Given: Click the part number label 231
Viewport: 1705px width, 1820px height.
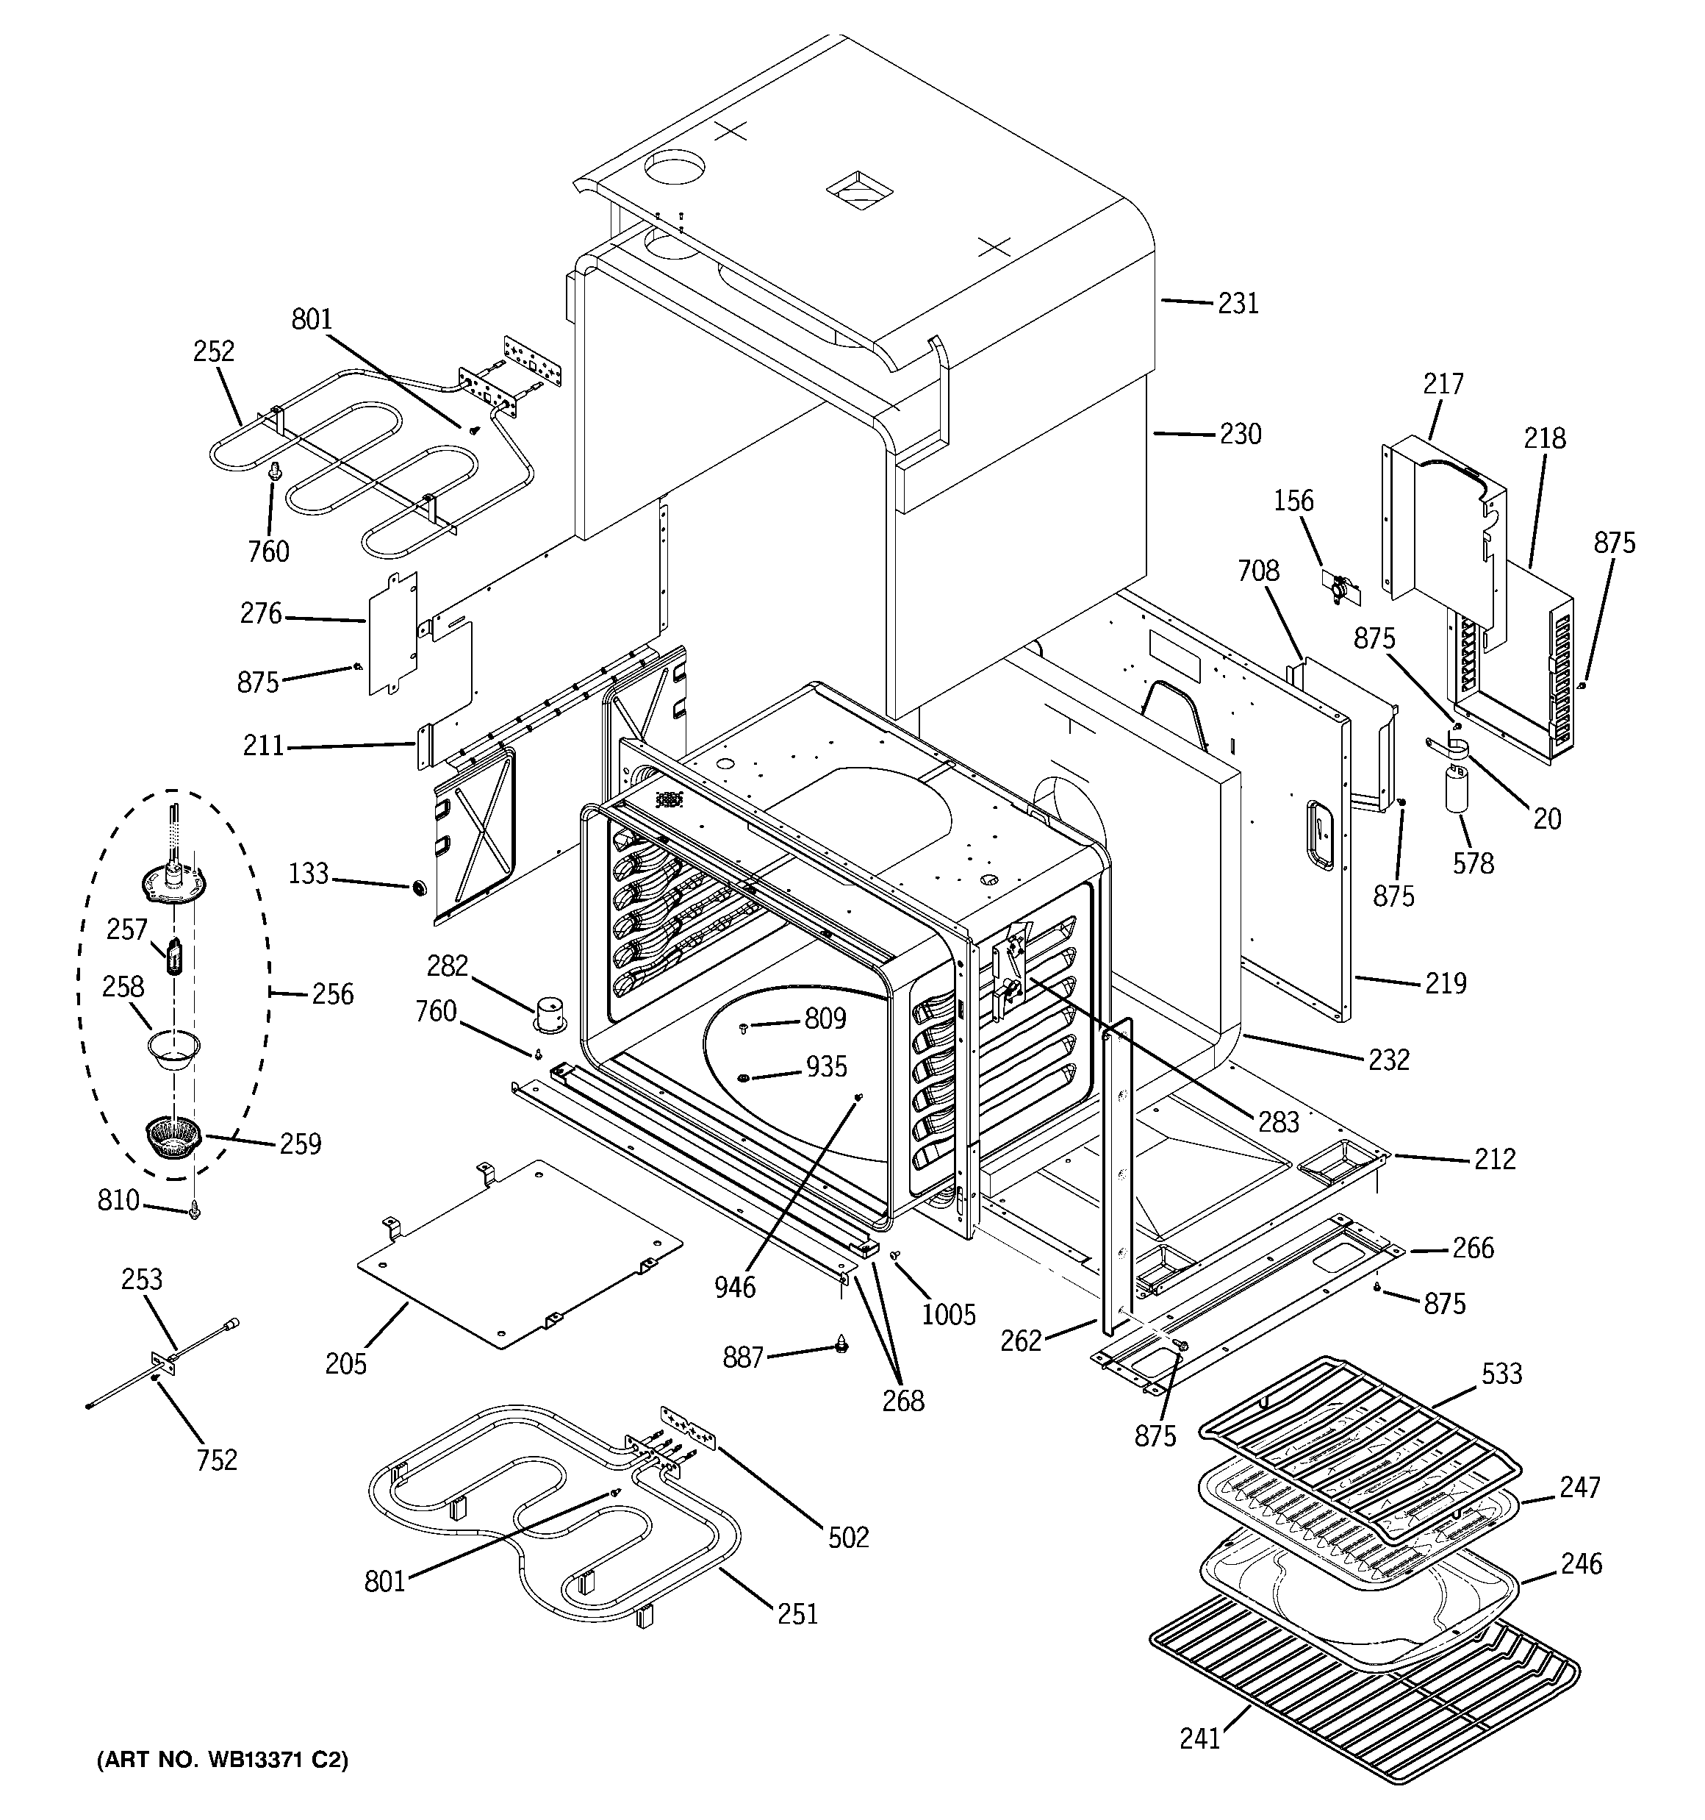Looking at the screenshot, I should (x=1238, y=303).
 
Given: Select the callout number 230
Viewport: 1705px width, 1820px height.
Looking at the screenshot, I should (x=1239, y=434).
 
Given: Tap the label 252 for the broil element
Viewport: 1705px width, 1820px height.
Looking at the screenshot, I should (x=213, y=351).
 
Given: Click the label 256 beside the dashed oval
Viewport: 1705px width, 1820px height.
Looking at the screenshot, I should (x=332, y=994).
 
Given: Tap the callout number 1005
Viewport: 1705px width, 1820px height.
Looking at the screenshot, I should (x=948, y=1315).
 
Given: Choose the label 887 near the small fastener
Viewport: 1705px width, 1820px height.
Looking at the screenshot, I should (x=742, y=1357).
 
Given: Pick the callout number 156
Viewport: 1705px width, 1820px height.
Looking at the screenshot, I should (x=1293, y=501).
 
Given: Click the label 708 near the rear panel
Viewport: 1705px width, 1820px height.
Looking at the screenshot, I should (x=1257, y=571).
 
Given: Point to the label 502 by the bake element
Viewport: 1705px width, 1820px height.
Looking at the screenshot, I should (x=847, y=1537).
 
